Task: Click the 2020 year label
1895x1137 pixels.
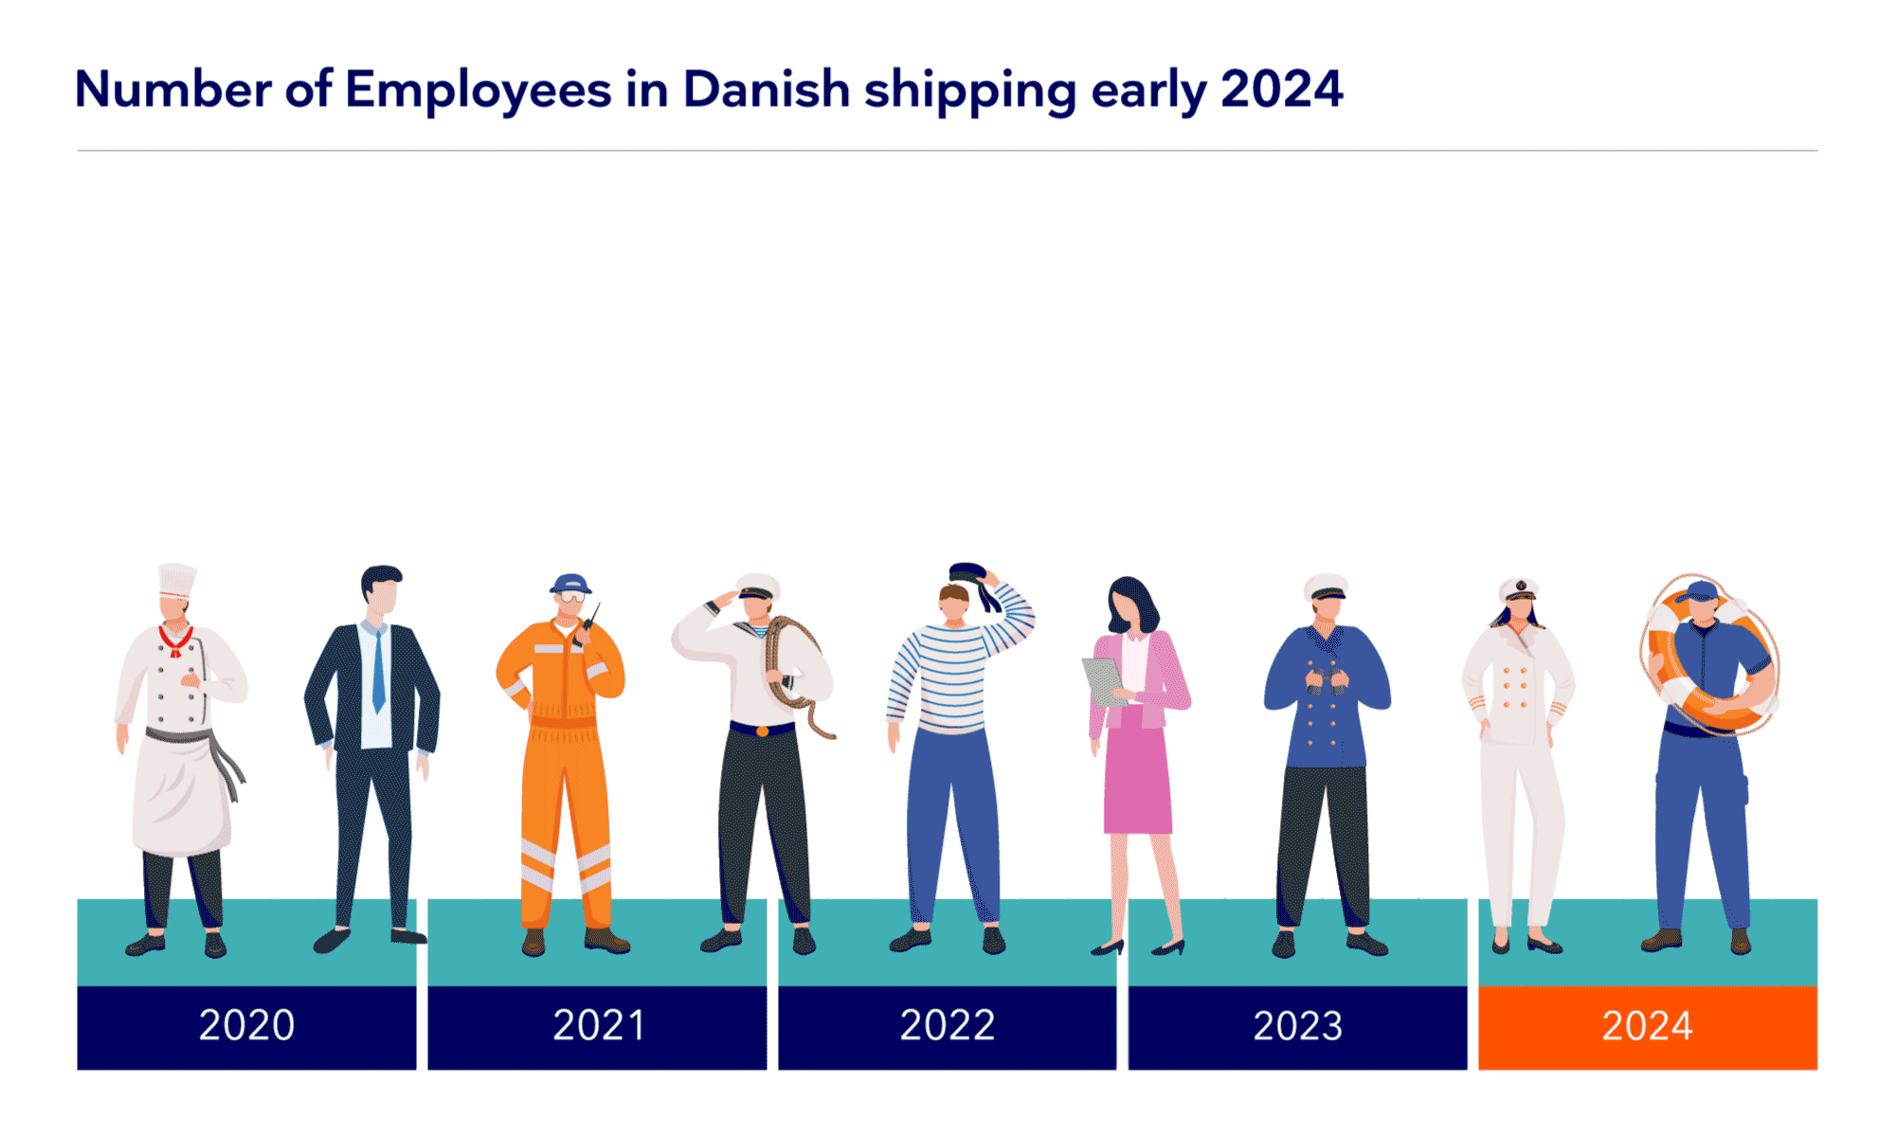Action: pyautogui.click(x=246, y=1026)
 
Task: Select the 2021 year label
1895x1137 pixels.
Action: pyautogui.click(x=598, y=1026)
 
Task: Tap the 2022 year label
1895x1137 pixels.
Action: pyautogui.click(x=947, y=1026)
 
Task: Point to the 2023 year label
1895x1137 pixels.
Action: pyautogui.click(x=1297, y=1026)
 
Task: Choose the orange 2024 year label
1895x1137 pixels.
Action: pyautogui.click(x=1648, y=1026)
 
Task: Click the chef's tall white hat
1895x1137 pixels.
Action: pyautogui.click(x=176, y=580)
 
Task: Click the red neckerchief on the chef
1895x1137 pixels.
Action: pyautogui.click(x=175, y=641)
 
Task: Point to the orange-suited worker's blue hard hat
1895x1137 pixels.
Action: pyautogui.click(x=570, y=583)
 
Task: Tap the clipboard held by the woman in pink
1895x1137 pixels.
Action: pyautogui.click(x=1103, y=680)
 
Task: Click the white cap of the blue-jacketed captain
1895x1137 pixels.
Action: pyautogui.click(x=1326, y=586)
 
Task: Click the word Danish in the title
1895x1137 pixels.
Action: pyautogui.click(x=766, y=90)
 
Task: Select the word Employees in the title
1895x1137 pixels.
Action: pyautogui.click(x=478, y=90)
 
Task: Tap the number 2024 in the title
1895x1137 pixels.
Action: pyautogui.click(x=1281, y=90)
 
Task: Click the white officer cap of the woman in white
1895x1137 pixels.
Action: pyautogui.click(x=1519, y=589)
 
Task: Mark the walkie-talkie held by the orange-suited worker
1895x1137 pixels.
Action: pyautogui.click(x=589, y=622)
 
